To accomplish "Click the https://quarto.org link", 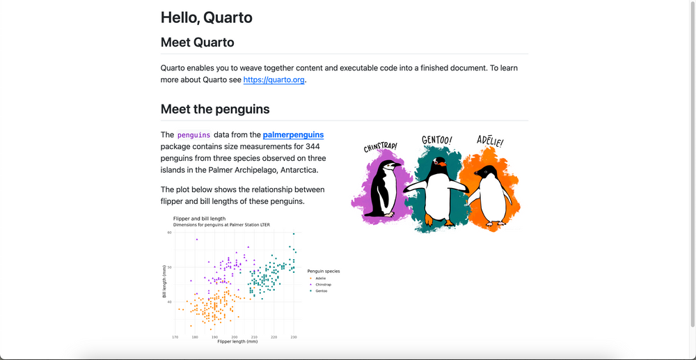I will (274, 80).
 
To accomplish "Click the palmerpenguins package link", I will (293, 134).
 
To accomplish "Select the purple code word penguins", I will (193, 135).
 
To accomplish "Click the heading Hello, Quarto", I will (206, 17).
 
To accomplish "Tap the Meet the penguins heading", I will (215, 109).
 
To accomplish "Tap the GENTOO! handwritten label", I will (436, 141).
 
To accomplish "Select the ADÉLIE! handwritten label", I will (490, 141).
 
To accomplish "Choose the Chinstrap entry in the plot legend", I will (323, 284).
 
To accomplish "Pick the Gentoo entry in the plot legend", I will (321, 290).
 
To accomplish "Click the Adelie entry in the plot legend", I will (320, 278).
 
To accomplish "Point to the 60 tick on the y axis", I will (169, 233).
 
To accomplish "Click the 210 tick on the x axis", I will (254, 337).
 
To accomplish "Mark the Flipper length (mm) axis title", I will (237, 342).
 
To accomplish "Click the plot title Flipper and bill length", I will (199, 219).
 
